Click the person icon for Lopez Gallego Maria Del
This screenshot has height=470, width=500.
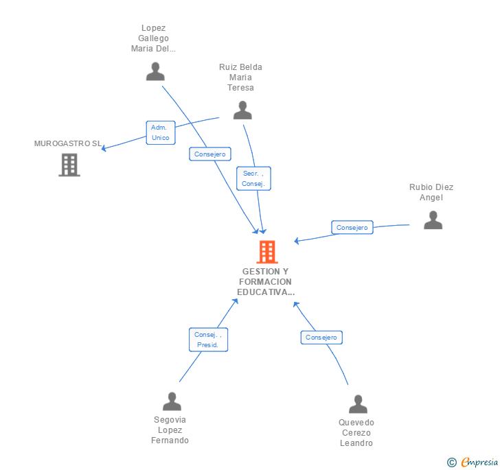pos(155,71)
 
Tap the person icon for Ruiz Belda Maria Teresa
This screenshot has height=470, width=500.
pos(242,110)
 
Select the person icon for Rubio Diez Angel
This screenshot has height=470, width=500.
pos(433,220)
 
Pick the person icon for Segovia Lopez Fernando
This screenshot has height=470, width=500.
pos(172,401)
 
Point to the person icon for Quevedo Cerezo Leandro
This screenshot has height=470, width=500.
pos(358,404)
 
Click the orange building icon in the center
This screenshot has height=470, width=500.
pos(266,252)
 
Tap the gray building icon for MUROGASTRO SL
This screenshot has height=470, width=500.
pos(69,165)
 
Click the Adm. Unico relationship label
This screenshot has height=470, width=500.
pos(160,132)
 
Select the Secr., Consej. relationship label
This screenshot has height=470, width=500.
pos(253,178)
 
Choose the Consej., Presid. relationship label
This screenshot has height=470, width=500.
pos(208,340)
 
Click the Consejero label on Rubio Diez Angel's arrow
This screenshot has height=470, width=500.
pos(352,227)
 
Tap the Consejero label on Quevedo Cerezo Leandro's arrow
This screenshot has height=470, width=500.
pos(321,338)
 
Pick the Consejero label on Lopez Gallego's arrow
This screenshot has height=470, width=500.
pos(210,154)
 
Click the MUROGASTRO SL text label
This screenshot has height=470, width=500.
pos(68,143)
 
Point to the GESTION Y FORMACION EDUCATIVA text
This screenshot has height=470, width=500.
pos(265,281)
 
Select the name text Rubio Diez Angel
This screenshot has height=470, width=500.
pos(431,192)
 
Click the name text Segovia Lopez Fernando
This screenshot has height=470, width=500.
pos(170,430)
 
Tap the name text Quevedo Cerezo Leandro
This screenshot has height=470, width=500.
pos(356,433)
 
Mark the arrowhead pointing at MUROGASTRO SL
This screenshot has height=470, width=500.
pos(104,148)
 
